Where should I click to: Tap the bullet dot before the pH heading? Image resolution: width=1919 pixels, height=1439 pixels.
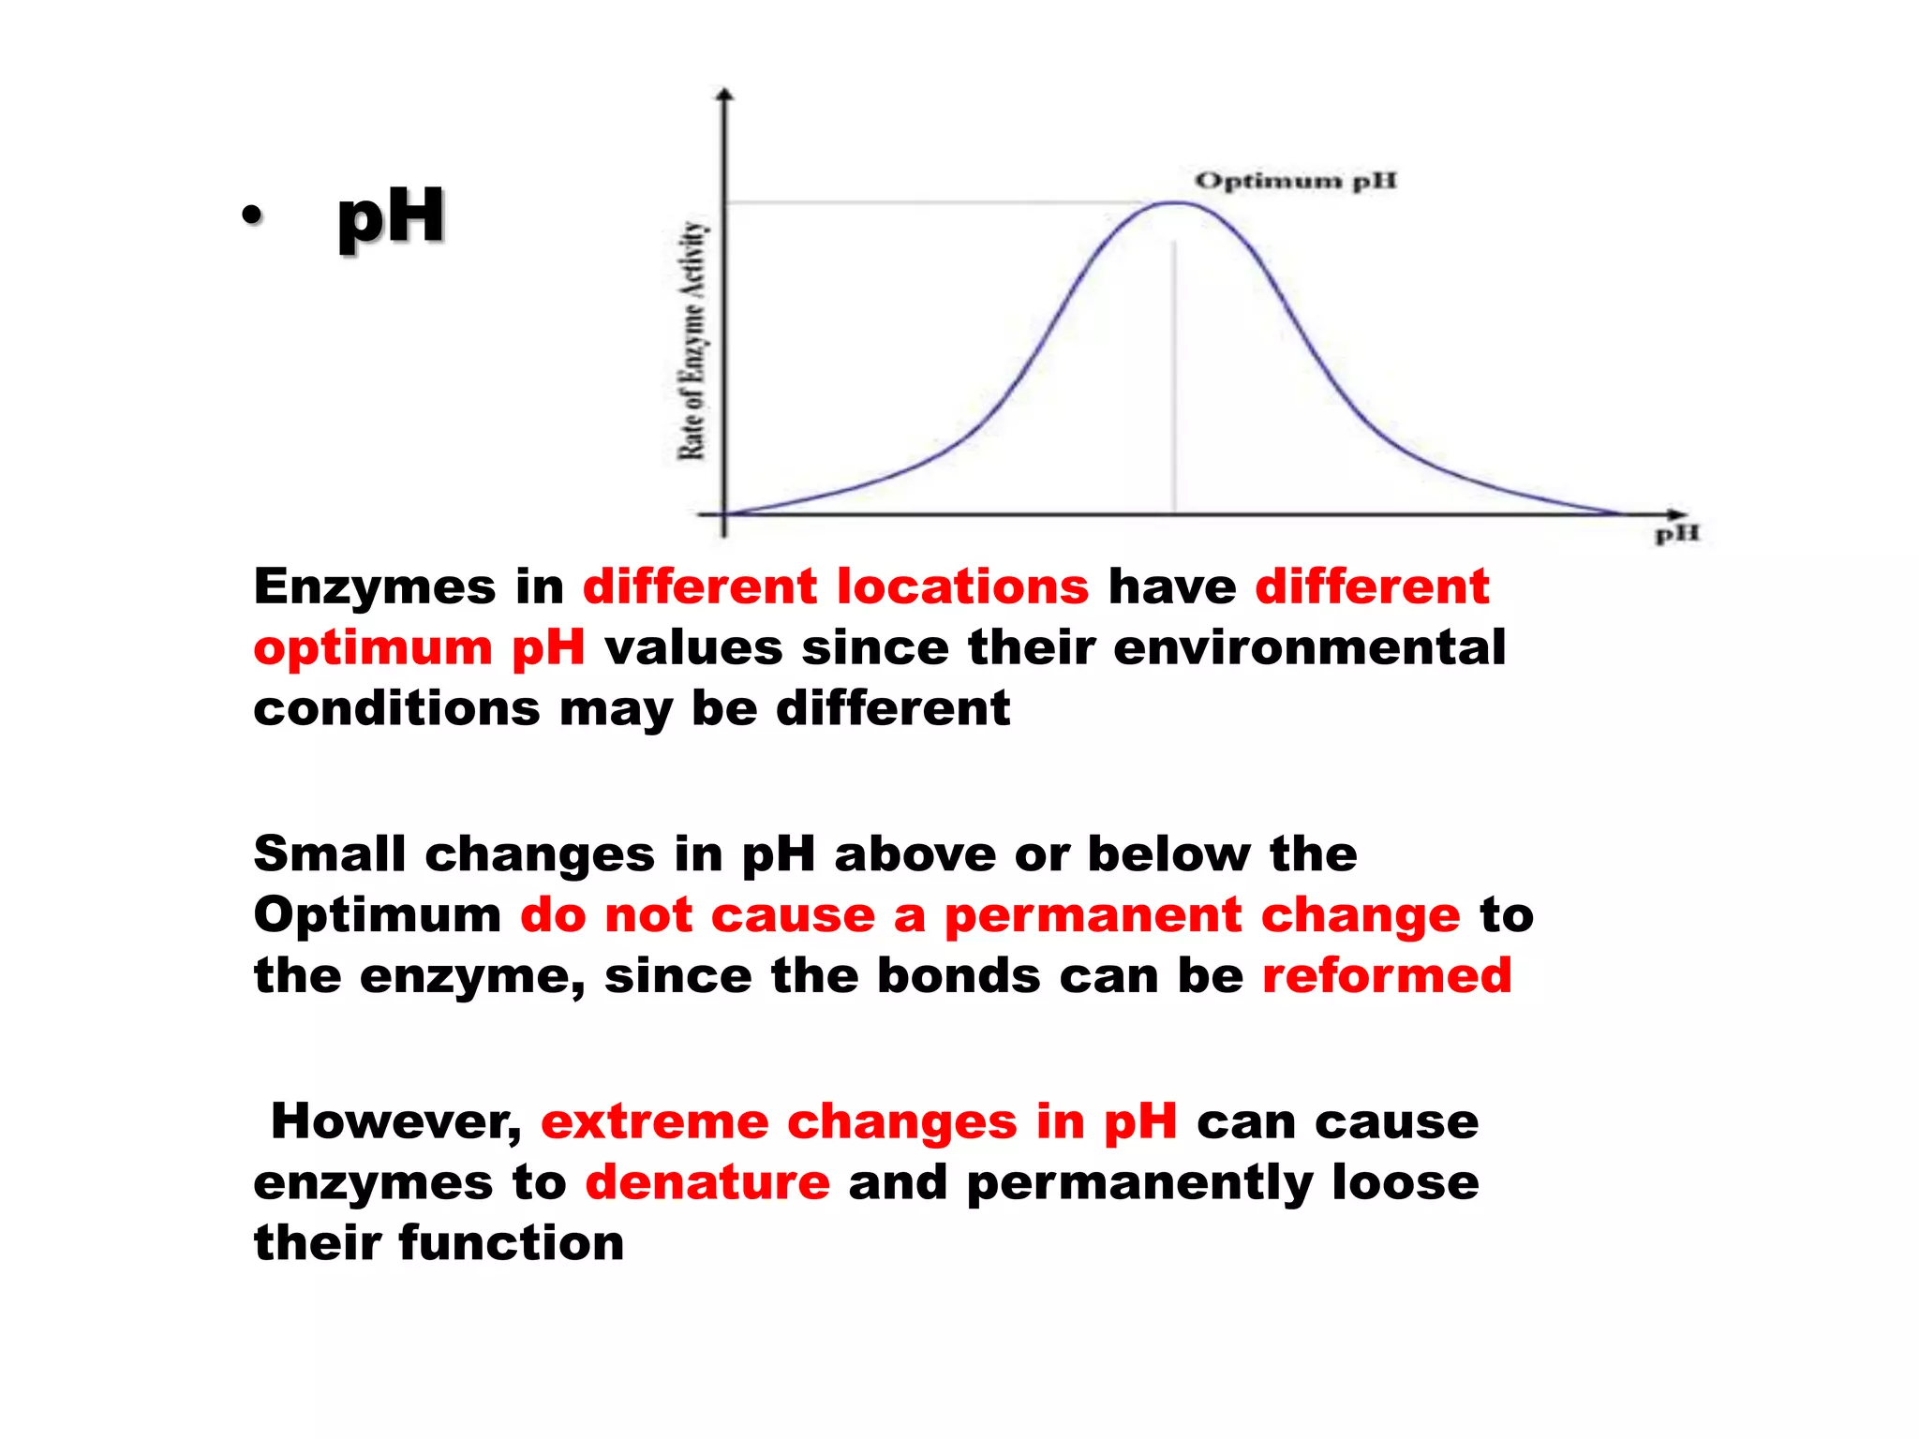point(251,216)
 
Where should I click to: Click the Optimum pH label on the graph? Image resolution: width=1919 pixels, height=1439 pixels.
point(1295,181)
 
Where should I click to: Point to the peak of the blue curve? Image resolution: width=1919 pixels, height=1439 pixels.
point(1174,202)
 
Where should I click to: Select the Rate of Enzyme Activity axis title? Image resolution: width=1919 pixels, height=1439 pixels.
point(692,341)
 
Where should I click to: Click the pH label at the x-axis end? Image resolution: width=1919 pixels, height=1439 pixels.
point(1676,535)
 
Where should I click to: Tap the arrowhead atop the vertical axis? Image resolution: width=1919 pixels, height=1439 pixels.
point(724,95)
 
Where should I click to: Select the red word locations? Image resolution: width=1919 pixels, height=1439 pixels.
point(962,587)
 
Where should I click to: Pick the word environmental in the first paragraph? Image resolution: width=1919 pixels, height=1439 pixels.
point(1309,648)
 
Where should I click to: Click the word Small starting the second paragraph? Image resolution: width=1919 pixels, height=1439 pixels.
point(329,854)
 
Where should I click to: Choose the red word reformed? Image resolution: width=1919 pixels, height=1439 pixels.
point(1387,976)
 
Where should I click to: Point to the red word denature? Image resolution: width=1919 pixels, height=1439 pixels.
point(707,1182)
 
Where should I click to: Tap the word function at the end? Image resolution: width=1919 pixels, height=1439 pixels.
point(511,1244)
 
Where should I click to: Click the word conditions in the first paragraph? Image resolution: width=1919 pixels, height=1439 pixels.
point(396,709)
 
